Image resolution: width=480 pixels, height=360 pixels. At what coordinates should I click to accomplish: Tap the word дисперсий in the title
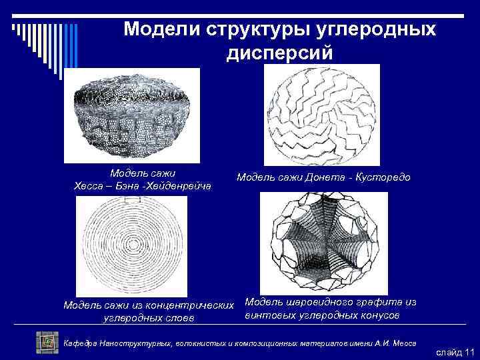click(x=279, y=53)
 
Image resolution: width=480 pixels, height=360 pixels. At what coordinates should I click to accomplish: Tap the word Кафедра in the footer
click(x=80, y=343)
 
